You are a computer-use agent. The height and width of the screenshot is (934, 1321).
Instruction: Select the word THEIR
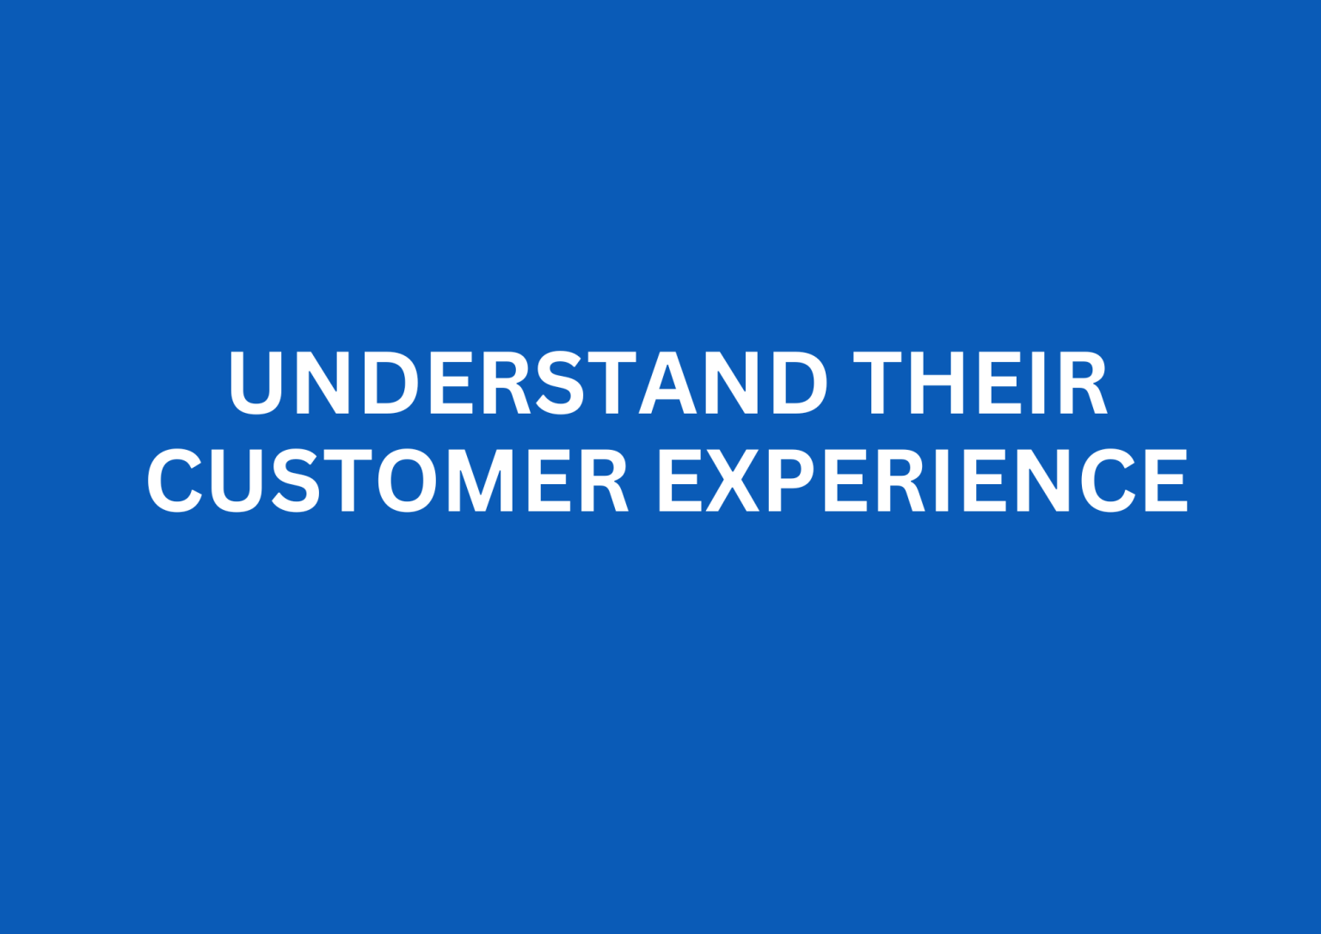[980, 383]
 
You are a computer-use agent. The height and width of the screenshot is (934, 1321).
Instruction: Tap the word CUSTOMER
[387, 480]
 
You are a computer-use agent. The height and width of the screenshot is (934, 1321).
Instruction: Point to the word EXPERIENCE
[921, 480]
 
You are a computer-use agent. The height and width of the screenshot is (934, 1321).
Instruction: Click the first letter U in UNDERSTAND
[256, 383]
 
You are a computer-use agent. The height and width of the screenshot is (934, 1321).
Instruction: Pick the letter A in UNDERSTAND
[667, 383]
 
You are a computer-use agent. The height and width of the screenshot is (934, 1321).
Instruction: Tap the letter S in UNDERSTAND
[560, 383]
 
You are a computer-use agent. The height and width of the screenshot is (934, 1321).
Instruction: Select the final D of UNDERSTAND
[799, 383]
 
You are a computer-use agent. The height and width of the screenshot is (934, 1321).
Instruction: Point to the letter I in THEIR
[1038, 383]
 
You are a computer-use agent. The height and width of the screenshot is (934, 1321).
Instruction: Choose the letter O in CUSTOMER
[408, 480]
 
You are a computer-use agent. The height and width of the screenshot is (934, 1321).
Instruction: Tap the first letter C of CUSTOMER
[175, 480]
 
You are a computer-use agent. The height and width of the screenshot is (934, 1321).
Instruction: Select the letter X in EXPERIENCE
[733, 480]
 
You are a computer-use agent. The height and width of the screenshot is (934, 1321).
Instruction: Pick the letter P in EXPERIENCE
[789, 480]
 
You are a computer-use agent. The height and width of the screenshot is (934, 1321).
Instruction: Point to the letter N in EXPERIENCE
[1042, 480]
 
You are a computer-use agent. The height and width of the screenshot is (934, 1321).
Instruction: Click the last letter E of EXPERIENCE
[1167, 480]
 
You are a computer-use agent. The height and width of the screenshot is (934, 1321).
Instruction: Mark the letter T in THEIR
[877, 383]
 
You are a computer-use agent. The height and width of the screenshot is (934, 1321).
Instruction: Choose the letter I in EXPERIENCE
[942, 480]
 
